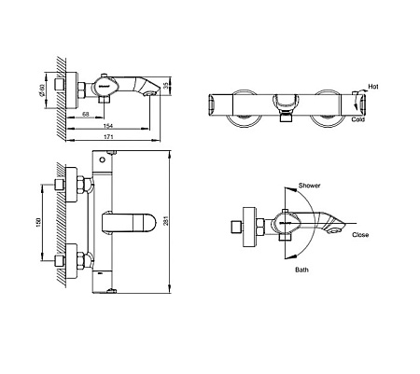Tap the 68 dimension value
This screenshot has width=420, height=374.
coord(85,115)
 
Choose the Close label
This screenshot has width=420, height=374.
coord(359,235)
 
